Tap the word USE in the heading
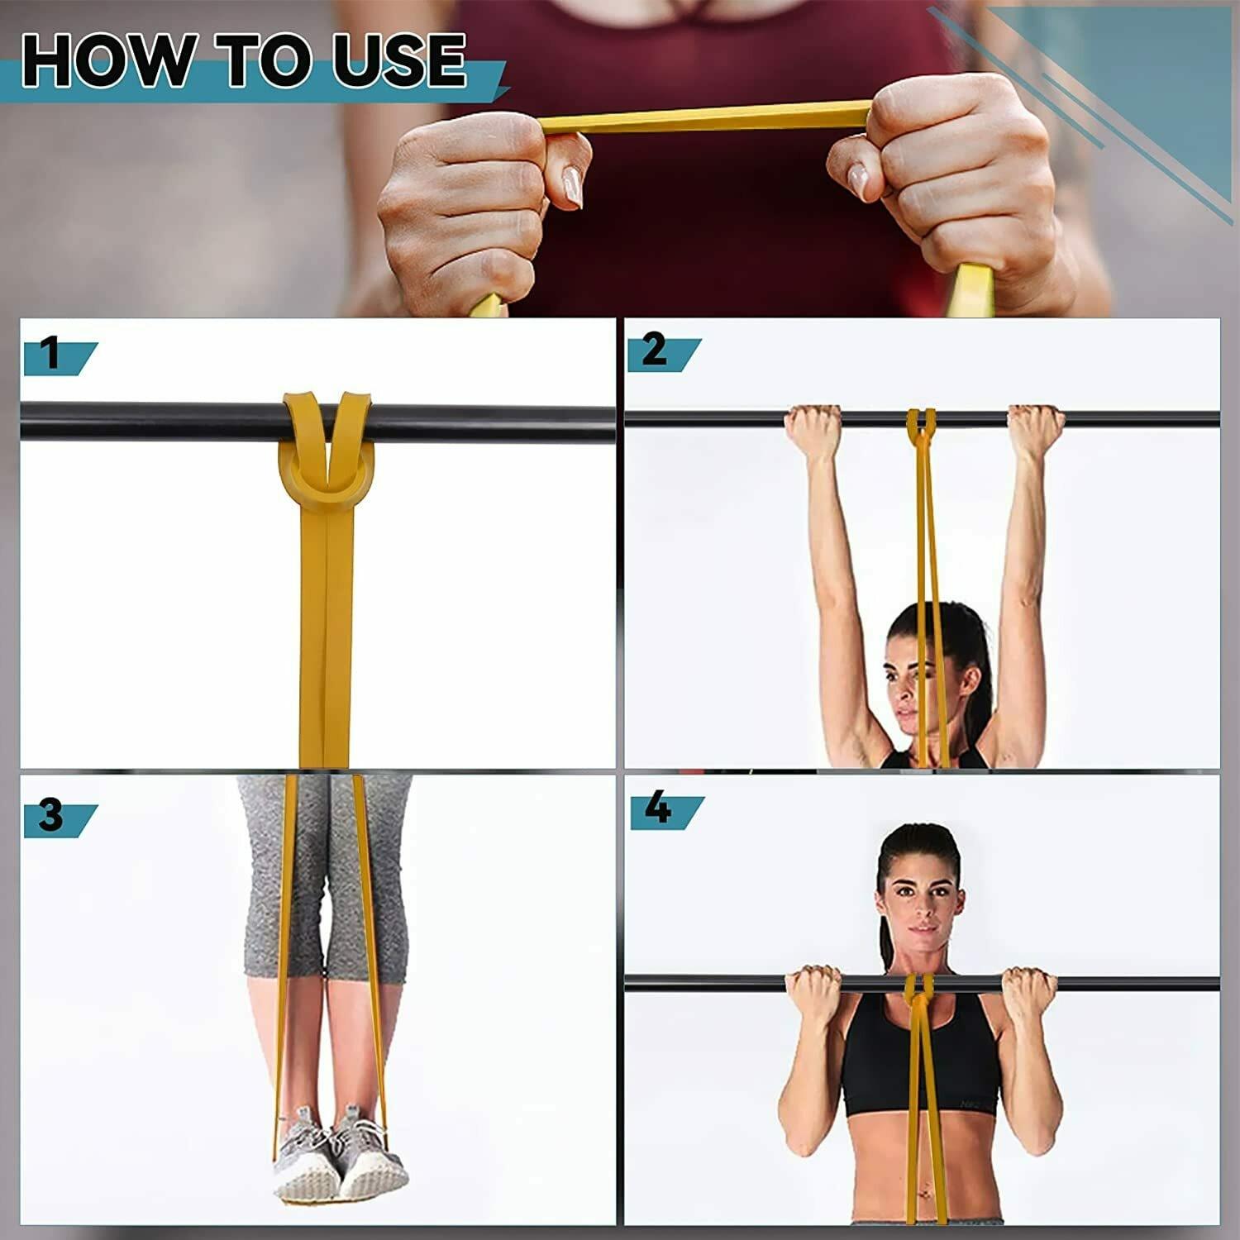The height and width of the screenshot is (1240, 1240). point(399,60)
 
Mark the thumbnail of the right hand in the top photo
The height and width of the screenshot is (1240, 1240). point(858,181)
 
